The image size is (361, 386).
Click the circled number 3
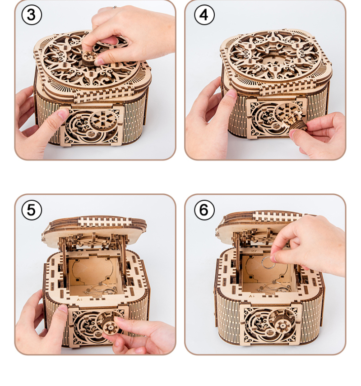[32, 15]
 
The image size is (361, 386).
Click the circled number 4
[204, 15]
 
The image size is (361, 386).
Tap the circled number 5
[32, 210]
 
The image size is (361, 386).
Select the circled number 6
[204, 210]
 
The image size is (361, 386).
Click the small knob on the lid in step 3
[89, 59]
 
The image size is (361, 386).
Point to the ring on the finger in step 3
[114, 7]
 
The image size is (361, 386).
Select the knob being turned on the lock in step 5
[110, 325]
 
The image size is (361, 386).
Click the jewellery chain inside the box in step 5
[100, 290]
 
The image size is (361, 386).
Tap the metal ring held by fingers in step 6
[267, 262]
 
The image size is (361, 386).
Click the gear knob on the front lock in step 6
[282, 326]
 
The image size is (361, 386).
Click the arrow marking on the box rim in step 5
[79, 299]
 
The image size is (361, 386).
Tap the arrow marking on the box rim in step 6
[252, 296]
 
